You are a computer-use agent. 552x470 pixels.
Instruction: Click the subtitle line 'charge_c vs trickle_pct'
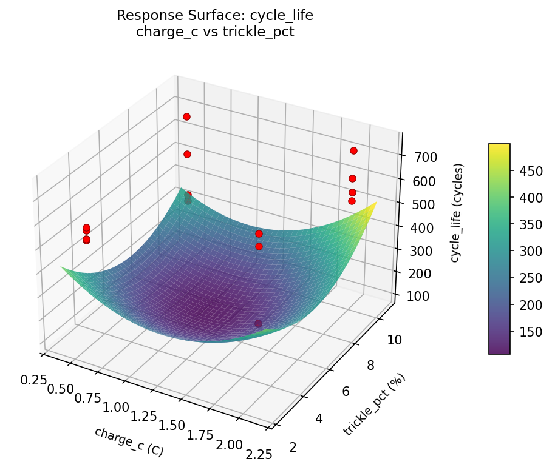(x=215, y=32)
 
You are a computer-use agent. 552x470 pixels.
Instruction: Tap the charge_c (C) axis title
(x=129, y=441)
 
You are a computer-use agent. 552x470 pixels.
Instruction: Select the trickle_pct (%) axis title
(x=374, y=405)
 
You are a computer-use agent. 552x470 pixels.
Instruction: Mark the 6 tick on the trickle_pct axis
(x=354, y=391)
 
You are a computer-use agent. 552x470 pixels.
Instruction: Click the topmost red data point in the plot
(x=186, y=116)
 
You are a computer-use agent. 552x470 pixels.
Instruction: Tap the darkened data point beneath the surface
(x=258, y=324)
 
